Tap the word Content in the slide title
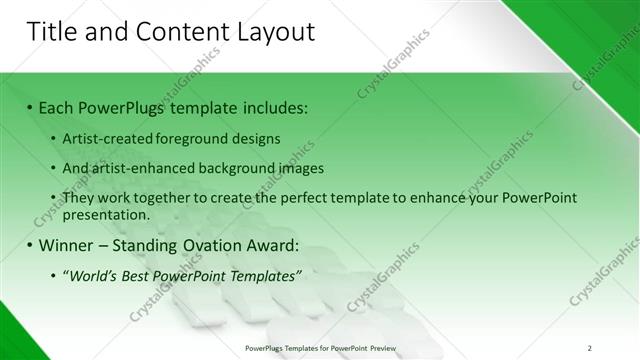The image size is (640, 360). [169, 32]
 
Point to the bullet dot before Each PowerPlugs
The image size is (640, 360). [30, 107]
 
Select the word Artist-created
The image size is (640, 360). [105, 138]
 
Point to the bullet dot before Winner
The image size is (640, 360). [30, 245]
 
